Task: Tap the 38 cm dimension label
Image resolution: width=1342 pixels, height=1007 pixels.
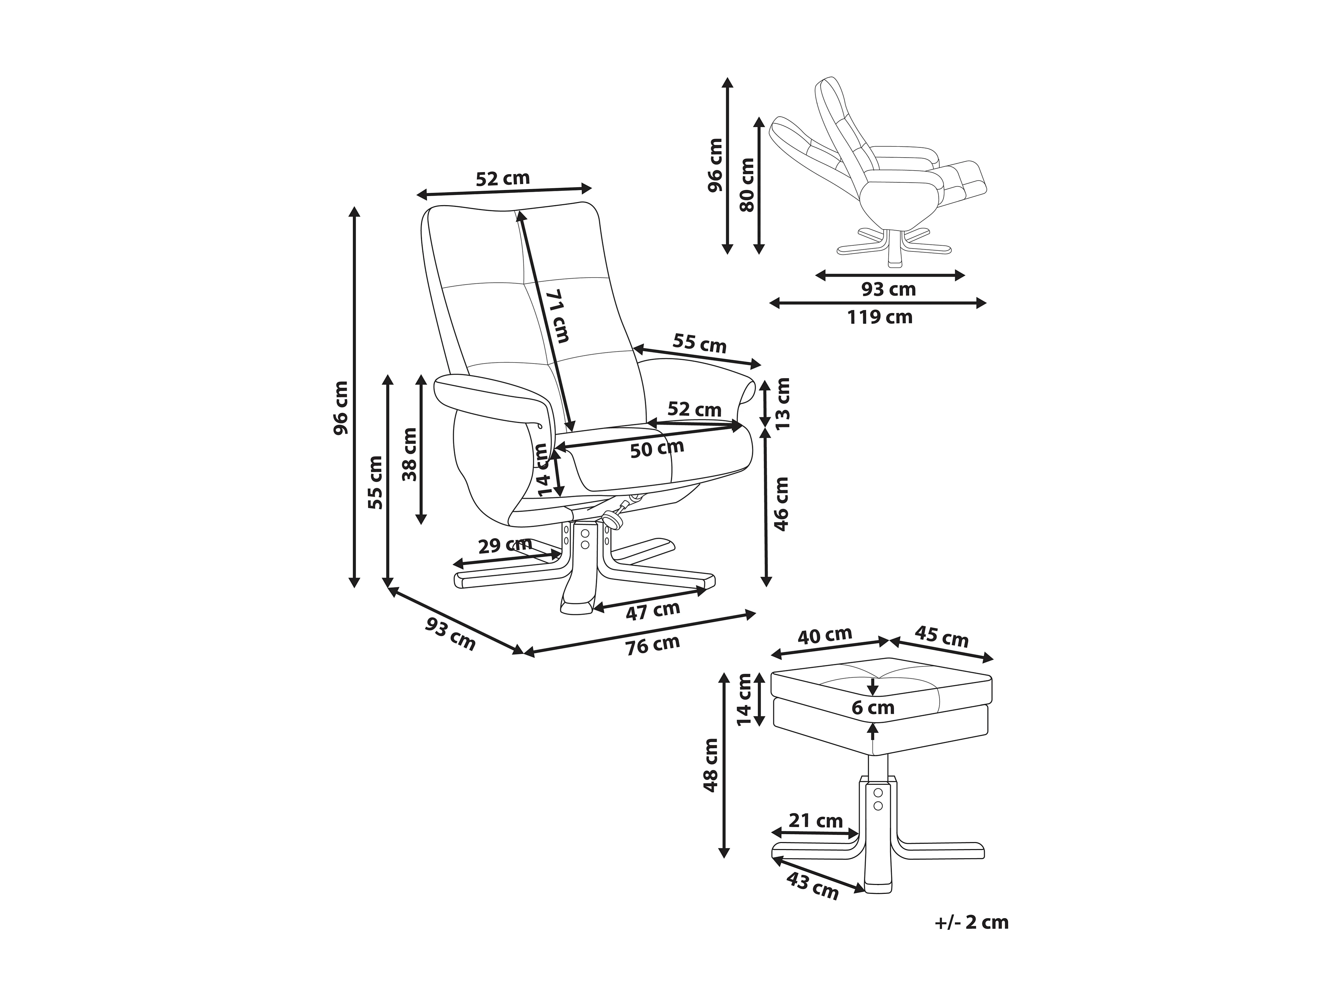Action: point(411,454)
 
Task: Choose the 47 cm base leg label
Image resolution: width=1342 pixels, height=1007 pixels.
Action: point(653,610)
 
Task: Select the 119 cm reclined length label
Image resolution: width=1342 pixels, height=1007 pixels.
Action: point(880,317)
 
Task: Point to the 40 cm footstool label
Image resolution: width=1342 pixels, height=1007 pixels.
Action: point(824,635)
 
